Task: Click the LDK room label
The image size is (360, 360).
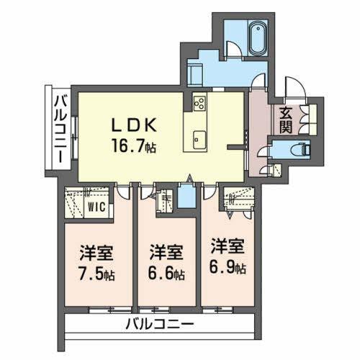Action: click(134, 125)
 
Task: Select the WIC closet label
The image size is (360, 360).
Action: click(96, 207)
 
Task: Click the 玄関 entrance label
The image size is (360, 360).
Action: click(286, 120)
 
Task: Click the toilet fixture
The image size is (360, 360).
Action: click(300, 150)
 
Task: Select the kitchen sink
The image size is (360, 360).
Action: click(199, 140)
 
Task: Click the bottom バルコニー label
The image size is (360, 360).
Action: click(160, 325)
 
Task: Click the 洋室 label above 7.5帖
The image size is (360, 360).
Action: click(96, 253)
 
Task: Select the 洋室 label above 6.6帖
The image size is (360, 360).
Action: click(166, 253)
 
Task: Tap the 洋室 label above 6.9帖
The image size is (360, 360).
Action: click(228, 246)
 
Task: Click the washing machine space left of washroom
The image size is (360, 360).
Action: click(195, 75)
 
